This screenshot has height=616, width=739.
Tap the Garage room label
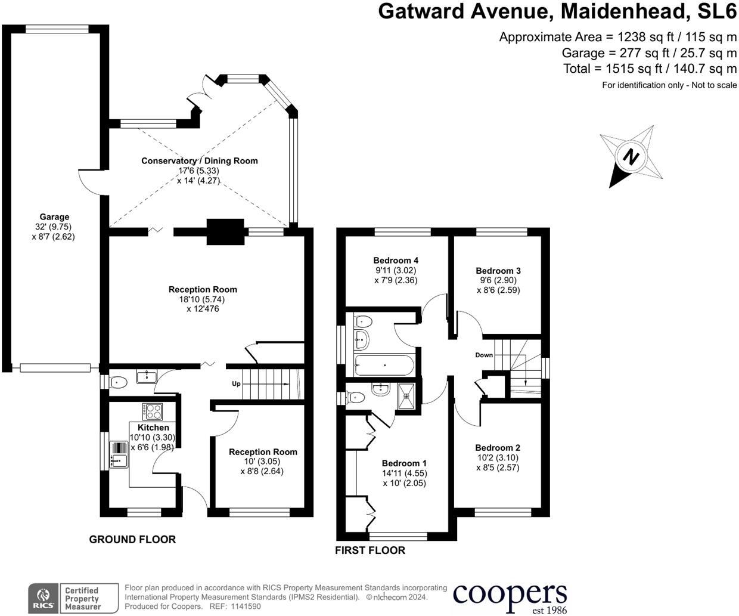click(x=54, y=217)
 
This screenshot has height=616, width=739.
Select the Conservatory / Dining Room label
click(x=199, y=161)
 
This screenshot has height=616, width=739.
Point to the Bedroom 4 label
click(x=396, y=261)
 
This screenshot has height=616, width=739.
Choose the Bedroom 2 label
click(x=498, y=448)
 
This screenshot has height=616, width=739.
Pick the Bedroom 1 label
click(x=404, y=463)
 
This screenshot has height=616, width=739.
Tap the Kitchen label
click(x=153, y=428)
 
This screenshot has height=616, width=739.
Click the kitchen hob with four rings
click(x=153, y=411)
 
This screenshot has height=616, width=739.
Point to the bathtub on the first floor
click(x=384, y=365)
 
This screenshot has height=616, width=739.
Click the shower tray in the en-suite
click(x=405, y=392)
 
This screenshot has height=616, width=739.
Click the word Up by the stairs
click(x=236, y=383)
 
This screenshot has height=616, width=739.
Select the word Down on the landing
click(x=484, y=355)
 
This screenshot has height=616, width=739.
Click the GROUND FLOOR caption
click(x=132, y=540)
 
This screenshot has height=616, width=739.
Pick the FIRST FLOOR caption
click(x=369, y=550)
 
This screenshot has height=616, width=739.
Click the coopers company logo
click(x=510, y=596)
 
